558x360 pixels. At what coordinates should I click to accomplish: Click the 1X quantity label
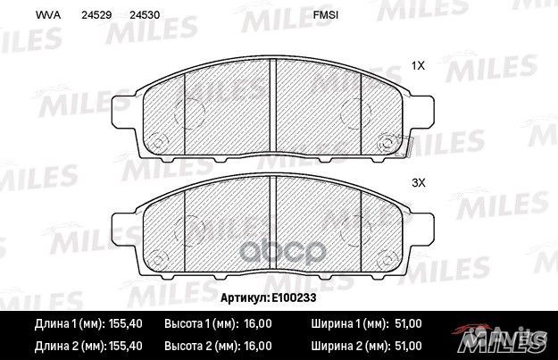(417, 66)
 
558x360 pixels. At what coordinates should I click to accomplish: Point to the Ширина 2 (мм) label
(348, 345)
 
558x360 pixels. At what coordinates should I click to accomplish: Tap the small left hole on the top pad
(159, 141)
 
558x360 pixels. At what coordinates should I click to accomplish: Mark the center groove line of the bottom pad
(271, 223)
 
